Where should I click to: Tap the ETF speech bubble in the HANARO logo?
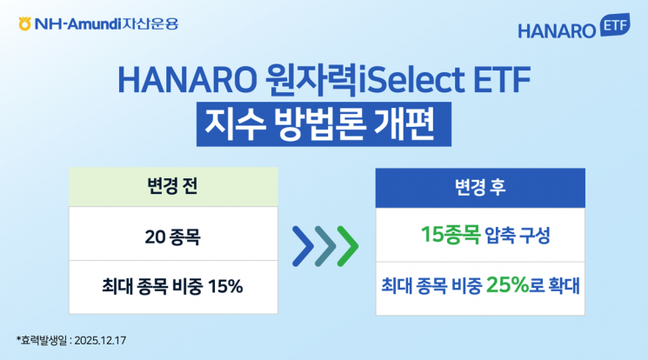click(x=614, y=26)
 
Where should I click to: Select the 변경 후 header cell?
click(x=480, y=186)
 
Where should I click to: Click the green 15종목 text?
click(x=451, y=234)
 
